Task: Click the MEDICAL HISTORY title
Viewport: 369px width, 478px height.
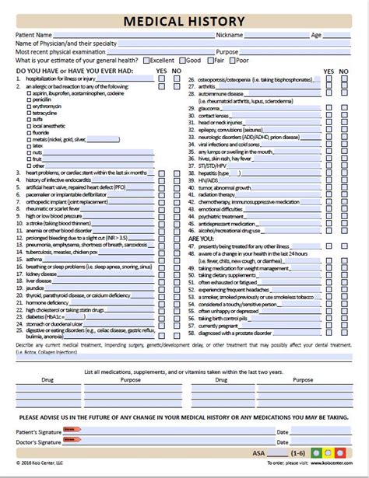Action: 184,20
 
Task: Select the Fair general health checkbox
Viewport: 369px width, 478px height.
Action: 210,59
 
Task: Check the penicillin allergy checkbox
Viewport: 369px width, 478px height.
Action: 29,99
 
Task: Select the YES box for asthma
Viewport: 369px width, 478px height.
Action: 161,238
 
